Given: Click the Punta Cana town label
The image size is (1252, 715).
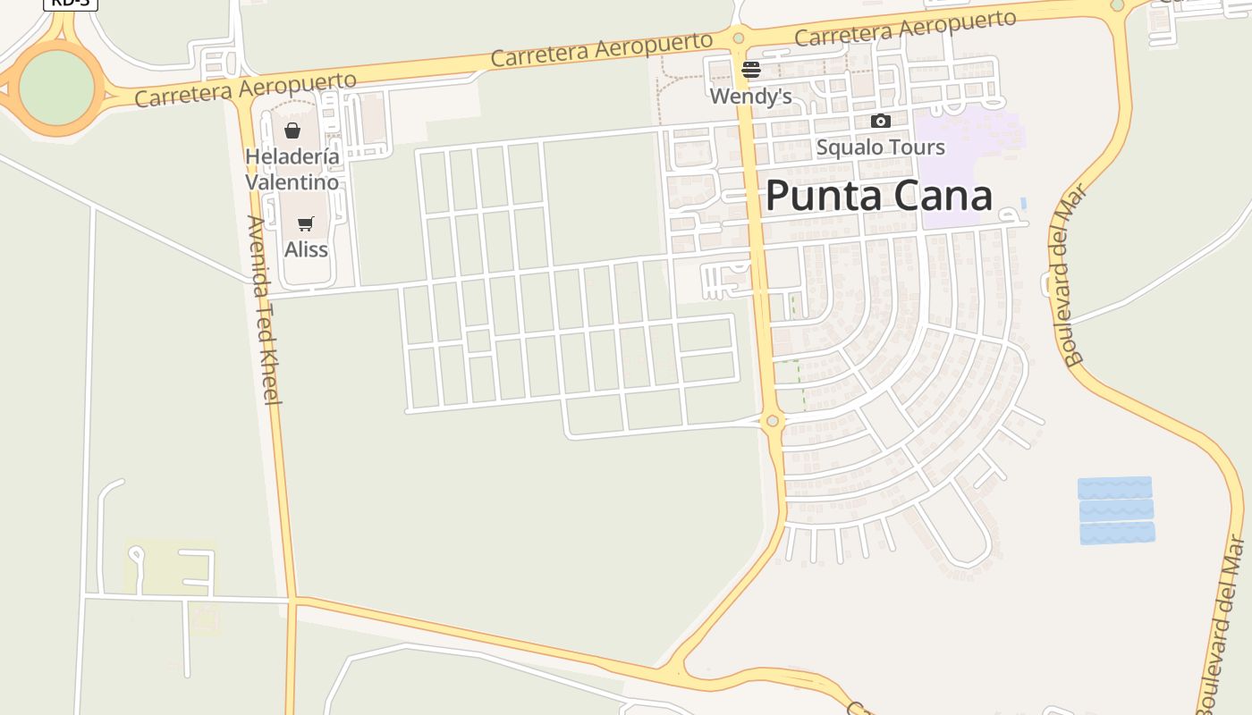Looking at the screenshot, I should click(878, 196).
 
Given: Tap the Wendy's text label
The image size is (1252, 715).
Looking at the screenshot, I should click(751, 96).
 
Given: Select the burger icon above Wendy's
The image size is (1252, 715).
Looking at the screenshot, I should click(751, 70).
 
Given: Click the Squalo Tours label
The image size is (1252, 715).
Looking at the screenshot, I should click(880, 147).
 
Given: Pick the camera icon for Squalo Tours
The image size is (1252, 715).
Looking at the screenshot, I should click(881, 122).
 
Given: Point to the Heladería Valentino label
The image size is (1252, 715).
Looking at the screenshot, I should click(292, 170).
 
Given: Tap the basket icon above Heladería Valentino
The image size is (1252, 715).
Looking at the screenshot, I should click(292, 130).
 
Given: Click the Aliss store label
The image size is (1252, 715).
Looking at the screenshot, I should click(306, 249).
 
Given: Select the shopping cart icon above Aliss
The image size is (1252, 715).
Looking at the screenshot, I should click(306, 223).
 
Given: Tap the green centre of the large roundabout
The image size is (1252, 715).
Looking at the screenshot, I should click(56, 88).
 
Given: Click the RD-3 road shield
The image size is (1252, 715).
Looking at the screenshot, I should click(70, 3).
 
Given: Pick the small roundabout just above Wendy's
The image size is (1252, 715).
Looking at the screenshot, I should click(738, 38).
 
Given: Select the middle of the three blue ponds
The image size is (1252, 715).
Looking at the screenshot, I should click(1116, 510).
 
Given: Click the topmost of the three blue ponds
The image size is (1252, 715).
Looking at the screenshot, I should click(1114, 488).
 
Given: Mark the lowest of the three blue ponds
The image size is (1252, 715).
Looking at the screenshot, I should click(1117, 534).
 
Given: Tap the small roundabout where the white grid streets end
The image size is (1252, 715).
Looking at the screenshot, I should click(773, 420).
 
